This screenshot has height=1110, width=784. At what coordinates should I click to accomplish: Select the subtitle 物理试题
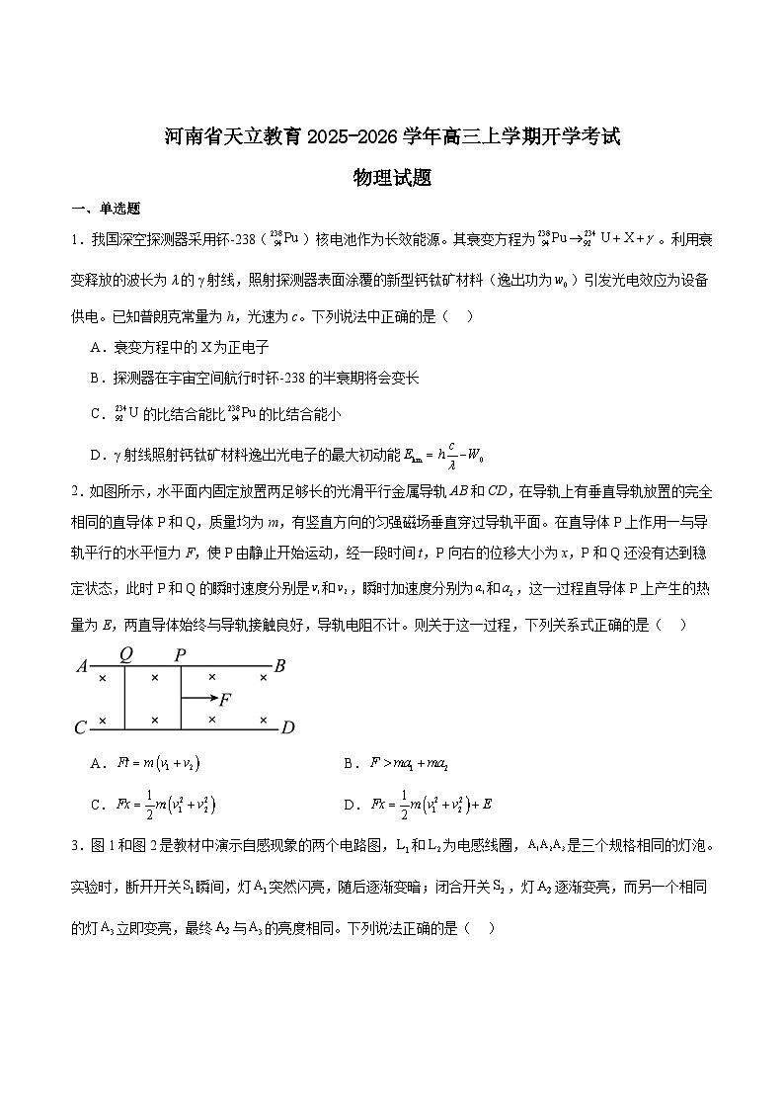[392, 178]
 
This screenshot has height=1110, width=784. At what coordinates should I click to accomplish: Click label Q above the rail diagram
[126, 654]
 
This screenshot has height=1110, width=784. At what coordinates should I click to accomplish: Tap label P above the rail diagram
[180, 654]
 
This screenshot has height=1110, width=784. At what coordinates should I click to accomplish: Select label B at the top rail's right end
[279, 666]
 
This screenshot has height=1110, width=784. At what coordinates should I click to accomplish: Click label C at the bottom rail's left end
[81, 729]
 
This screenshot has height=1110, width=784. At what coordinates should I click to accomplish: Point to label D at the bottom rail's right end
[287, 729]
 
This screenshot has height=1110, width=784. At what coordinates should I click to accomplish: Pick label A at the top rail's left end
[82, 666]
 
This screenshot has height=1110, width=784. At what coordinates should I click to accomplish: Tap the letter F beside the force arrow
[225, 700]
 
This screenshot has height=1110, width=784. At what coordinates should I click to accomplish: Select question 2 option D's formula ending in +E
[437, 805]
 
